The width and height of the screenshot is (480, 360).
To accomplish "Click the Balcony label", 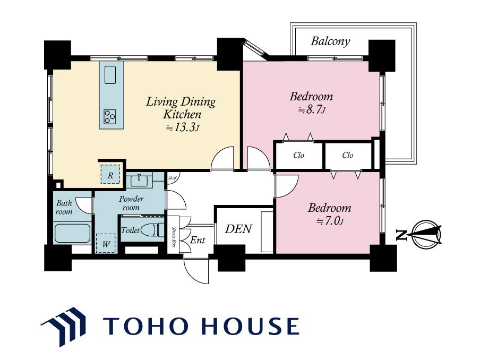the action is click(x=330, y=41).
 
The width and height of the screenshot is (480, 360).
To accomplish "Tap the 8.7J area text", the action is click(x=311, y=109).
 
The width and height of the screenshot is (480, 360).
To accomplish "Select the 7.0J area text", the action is click(x=330, y=221).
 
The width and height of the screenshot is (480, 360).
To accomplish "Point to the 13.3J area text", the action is click(x=183, y=127).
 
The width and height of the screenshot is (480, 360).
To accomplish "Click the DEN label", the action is click(x=238, y=229).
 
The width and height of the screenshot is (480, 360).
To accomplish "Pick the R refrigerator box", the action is click(x=110, y=175).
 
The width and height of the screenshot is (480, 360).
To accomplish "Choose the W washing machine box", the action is click(x=106, y=244).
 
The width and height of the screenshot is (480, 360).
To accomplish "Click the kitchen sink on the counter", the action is click(x=110, y=75).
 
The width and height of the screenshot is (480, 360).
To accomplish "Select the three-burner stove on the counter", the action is click(x=110, y=117).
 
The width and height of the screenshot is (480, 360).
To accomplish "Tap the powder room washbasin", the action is click(x=139, y=180).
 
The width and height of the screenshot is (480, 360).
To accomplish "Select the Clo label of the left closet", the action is click(x=298, y=155).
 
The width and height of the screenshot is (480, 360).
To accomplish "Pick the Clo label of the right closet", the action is click(x=348, y=155).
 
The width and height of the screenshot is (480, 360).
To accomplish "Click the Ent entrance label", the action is click(x=198, y=239).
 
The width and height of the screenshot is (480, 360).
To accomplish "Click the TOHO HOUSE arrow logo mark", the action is click(x=64, y=327).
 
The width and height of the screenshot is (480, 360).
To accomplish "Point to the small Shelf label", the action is click(x=172, y=178).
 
